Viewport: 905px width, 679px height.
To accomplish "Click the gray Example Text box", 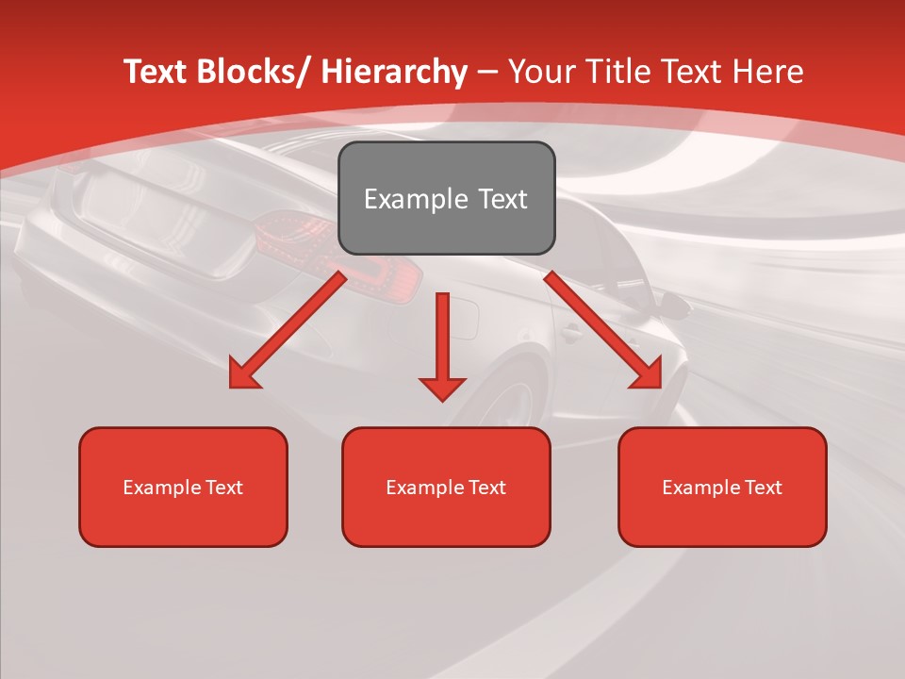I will [x=446, y=198].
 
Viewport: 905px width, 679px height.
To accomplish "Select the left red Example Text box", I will [x=183, y=487].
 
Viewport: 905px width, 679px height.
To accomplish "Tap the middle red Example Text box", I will [x=446, y=487].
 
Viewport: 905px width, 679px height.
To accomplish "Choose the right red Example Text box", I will [x=722, y=487].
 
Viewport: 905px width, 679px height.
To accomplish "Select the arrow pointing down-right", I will [x=603, y=330].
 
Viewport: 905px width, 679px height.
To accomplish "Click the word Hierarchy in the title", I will [x=394, y=72].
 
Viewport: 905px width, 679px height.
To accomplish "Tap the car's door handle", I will [x=570, y=332].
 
